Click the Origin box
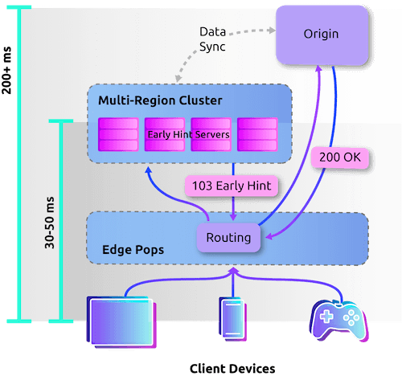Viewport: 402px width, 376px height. (322, 35)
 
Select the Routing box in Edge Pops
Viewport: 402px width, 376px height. (228, 238)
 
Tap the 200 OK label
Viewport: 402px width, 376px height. (340, 157)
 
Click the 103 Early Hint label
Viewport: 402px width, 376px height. (232, 186)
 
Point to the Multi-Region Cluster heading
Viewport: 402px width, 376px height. (160, 100)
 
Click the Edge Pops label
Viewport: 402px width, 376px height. (133, 250)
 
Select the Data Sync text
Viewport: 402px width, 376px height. (212, 39)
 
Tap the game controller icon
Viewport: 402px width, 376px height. (339, 320)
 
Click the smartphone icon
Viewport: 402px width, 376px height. (232, 319)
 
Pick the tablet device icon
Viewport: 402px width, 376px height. (121, 322)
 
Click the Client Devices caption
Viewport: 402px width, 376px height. (232, 369)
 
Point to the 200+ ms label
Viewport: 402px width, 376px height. (7, 71)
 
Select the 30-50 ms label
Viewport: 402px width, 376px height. (50, 223)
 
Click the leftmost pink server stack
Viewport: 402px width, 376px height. (118, 134)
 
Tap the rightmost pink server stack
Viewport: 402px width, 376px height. (257, 134)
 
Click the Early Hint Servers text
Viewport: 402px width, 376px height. (188, 134)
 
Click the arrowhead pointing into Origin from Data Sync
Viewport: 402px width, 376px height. (272, 30)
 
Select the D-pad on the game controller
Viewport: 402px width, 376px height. (326, 317)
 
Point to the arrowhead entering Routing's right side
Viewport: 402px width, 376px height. (269, 236)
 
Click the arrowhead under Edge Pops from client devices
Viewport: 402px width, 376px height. (234, 271)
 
